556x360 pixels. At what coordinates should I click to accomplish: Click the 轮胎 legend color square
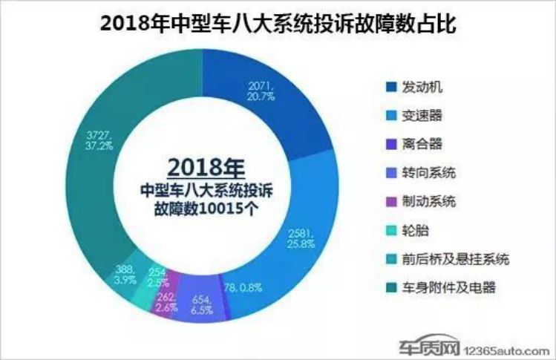tap(389, 229)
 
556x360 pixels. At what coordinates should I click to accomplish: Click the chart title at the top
tap(277, 24)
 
